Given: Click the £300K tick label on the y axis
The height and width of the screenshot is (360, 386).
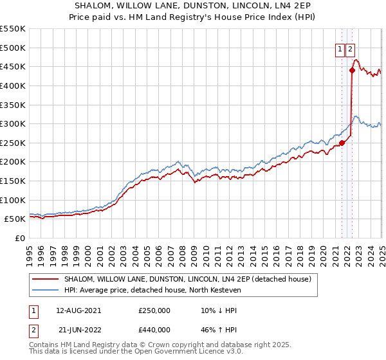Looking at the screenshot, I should click(x=12, y=123).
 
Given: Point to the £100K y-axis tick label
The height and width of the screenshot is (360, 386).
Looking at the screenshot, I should click(x=12, y=200).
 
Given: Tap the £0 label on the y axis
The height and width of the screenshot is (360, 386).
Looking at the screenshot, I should click(x=20, y=238).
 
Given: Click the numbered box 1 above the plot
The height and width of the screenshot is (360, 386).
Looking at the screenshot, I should click(x=340, y=50).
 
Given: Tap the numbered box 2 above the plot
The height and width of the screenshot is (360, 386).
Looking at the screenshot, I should click(x=350, y=50).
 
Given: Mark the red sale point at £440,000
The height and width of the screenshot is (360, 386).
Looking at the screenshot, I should click(x=352, y=70).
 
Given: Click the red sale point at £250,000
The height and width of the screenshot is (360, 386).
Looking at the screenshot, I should click(x=342, y=143).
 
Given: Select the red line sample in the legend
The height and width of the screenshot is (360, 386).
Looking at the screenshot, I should click(x=45, y=279).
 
